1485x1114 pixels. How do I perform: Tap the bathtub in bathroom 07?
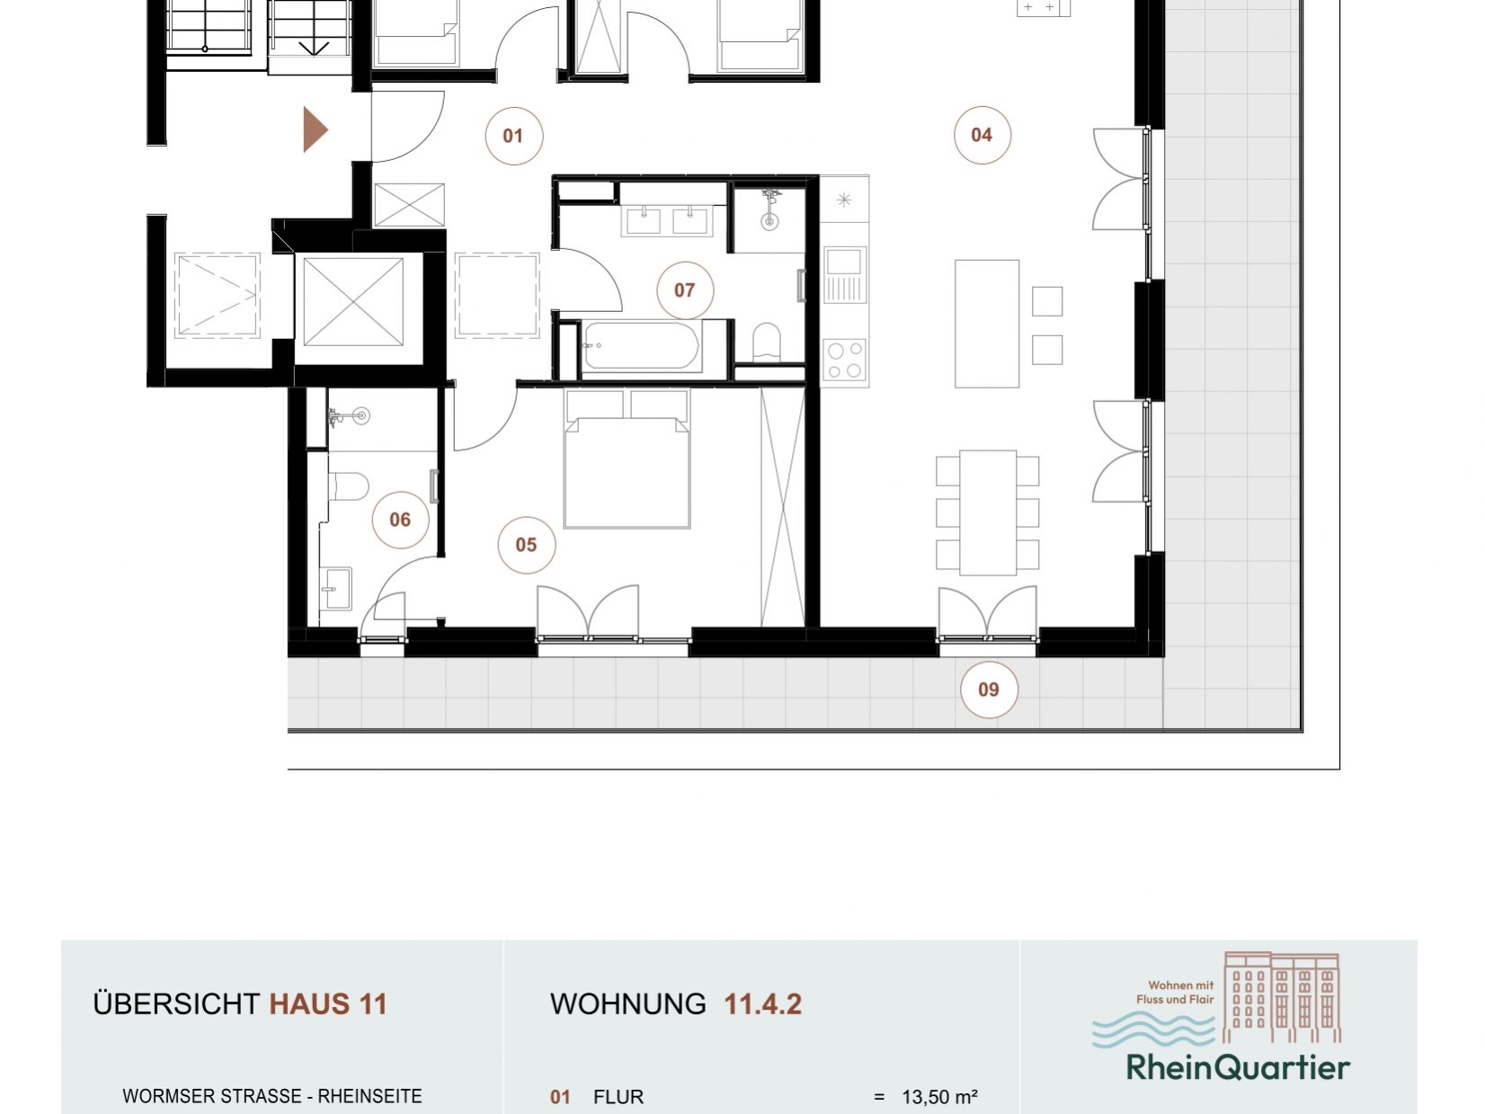[641, 345]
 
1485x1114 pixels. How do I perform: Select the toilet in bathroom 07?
[767, 343]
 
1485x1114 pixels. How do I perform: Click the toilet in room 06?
[349, 486]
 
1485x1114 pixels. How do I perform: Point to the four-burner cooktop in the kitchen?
[845, 361]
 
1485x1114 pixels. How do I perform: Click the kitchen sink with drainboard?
[844, 274]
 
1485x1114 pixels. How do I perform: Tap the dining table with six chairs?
[987, 512]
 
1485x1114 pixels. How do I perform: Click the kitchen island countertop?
[986, 324]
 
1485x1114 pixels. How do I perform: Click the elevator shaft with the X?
[353, 302]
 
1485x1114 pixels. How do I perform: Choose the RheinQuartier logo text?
[1238, 1067]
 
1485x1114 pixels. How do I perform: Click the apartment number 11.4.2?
[762, 1003]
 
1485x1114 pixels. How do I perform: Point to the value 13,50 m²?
[939, 1096]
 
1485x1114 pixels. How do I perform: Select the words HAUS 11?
[328, 1003]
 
